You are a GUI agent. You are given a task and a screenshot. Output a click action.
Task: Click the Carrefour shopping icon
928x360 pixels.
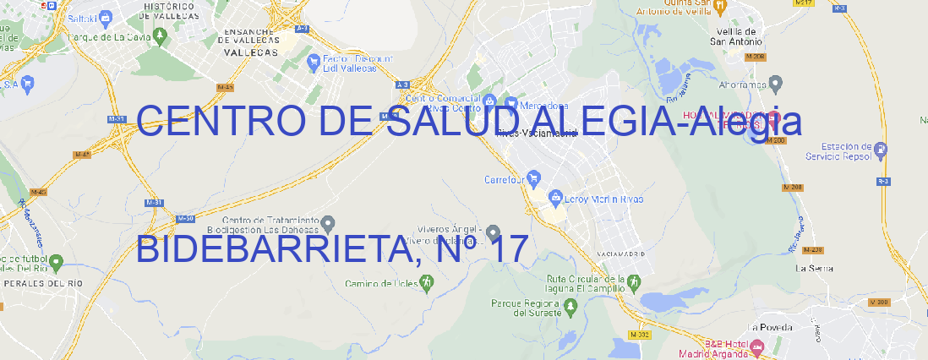tap(534, 179)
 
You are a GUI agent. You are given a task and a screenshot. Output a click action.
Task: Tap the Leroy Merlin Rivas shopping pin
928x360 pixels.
tap(555, 199)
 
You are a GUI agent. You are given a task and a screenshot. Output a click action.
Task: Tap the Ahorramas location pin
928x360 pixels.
tap(776, 83)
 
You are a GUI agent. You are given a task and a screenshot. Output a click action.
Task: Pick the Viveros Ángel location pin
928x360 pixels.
tap(494, 232)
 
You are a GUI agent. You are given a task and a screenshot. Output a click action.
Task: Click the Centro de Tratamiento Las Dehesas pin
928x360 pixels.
tap(329, 224)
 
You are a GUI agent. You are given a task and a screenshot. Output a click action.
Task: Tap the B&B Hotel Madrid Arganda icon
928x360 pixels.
tap(757, 346)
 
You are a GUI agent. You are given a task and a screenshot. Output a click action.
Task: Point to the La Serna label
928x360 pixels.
tap(815, 268)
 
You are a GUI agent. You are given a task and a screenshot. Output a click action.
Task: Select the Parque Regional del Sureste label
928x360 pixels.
tap(526, 308)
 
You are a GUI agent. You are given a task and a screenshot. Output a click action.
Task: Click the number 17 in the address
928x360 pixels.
tap(508, 250)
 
